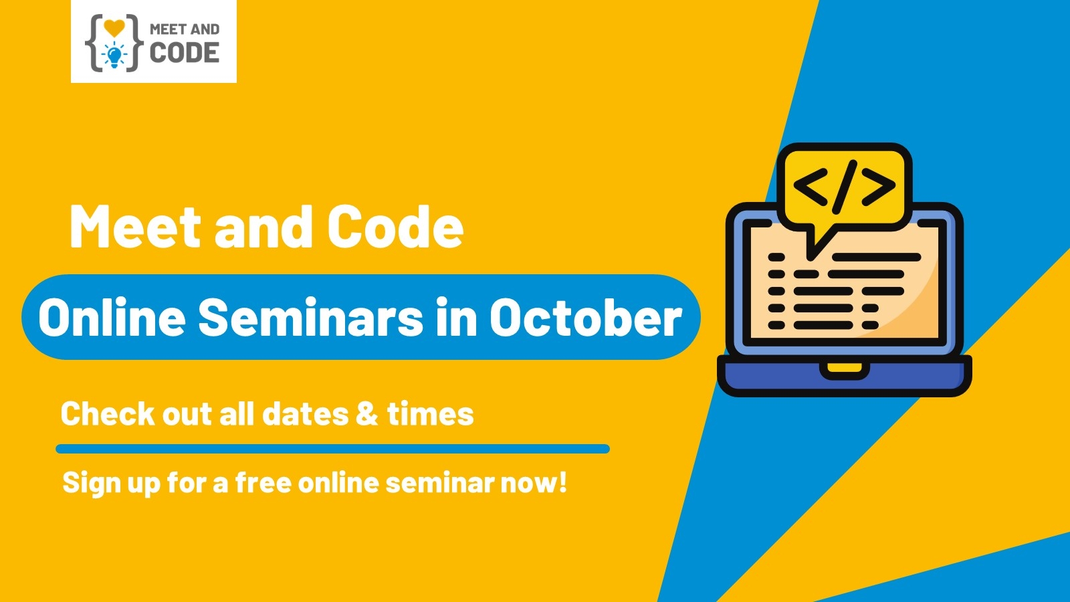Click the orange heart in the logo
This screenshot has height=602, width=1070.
tap(114, 28)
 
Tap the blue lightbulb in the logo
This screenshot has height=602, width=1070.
tap(114, 56)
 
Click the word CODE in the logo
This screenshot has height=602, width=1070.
tap(185, 53)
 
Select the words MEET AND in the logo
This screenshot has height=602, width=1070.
tap(185, 29)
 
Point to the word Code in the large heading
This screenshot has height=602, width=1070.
tap(395, 227)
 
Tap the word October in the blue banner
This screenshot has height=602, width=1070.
tap(586, 317)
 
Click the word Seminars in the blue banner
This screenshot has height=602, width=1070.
tap(310, 317)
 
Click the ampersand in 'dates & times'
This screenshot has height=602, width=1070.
tap(367, 414)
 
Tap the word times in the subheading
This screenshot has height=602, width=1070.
tap(431, 414)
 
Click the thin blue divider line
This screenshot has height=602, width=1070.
tap(332, 449)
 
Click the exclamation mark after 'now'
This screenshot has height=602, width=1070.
tap(562, 482)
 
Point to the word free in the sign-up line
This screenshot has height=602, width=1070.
tap(263, 482)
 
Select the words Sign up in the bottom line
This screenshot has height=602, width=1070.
tap(111, 483)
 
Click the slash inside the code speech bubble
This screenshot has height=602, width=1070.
tap(845, 187)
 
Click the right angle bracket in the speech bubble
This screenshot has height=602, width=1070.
tap(879, 187)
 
